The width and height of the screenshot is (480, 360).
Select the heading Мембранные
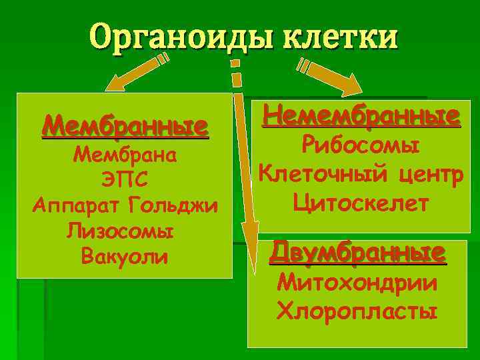(125, 126)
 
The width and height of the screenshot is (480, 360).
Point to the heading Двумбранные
(357, 253)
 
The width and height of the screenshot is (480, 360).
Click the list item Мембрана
(125, 155)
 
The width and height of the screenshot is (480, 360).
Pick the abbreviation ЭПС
(125, 181)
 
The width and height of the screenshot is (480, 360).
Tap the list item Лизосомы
(121, 231)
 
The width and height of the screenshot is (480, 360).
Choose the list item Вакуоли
(123, 256)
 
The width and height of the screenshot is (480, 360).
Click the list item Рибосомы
(361, 145)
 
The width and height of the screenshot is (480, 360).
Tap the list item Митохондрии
(357, 283)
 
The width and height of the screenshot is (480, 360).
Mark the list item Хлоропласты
(357, 311)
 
